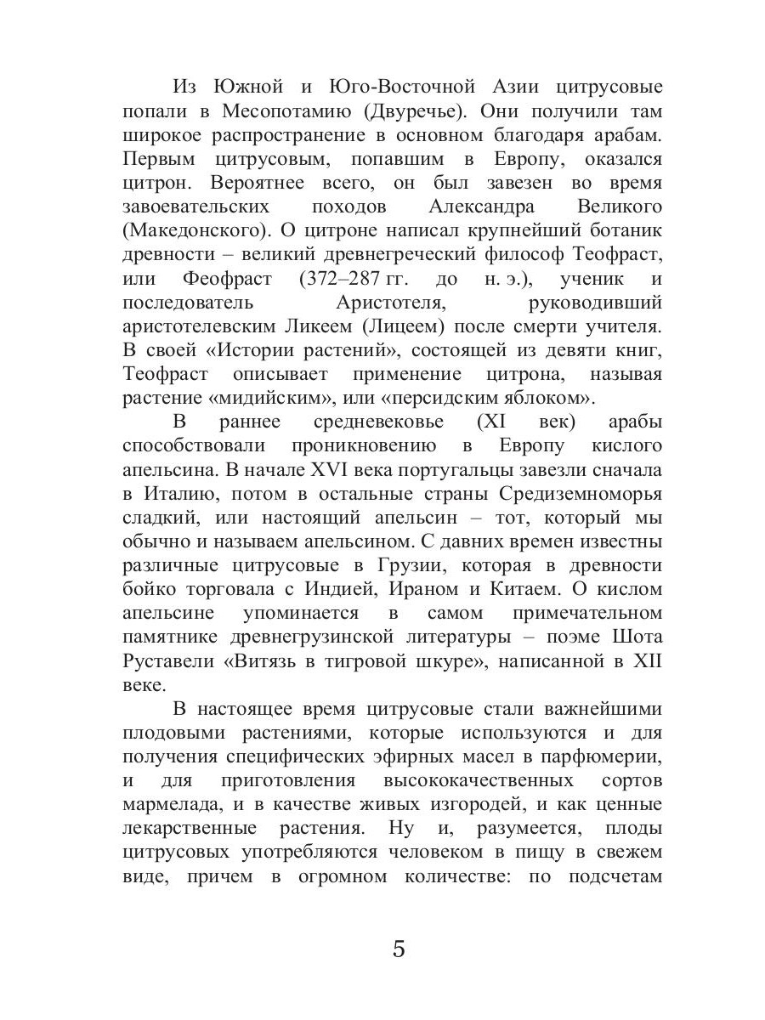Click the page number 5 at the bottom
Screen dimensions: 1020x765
tap(399, 949)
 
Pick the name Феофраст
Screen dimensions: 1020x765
tap(227, 278)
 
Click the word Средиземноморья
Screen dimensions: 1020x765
tap(568, 493)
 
